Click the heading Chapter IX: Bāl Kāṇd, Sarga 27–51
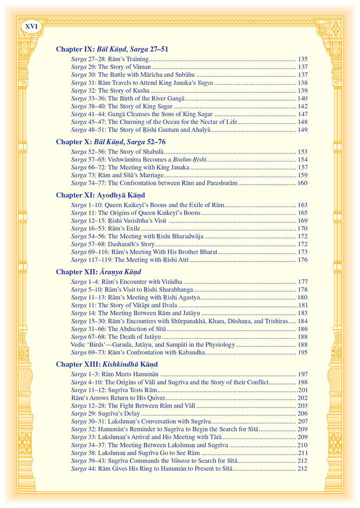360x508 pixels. pos(112,49)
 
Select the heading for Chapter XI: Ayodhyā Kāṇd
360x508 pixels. pos(100,195)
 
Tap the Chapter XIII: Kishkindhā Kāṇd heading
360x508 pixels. pos(107,364)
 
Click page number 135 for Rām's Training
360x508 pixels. pos(303,59)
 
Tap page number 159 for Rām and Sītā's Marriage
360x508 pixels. pos(303,175)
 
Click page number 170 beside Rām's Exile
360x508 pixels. pos(303,229)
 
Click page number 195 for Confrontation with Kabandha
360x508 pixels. pos(303,352)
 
